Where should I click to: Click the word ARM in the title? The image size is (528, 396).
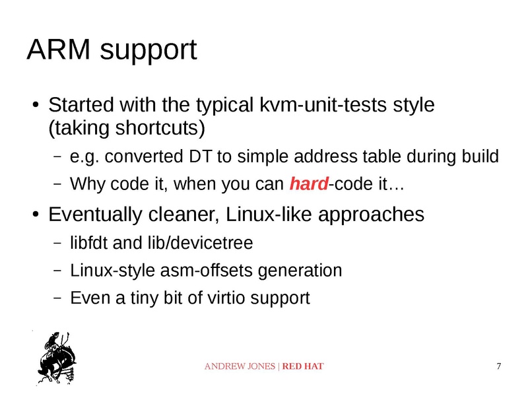(x=57, y=51)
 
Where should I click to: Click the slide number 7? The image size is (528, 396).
(x=498, y=366)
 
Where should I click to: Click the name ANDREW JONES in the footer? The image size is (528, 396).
(x=241, y=366)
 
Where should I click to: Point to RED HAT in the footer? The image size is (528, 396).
(x=303, y=366)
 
